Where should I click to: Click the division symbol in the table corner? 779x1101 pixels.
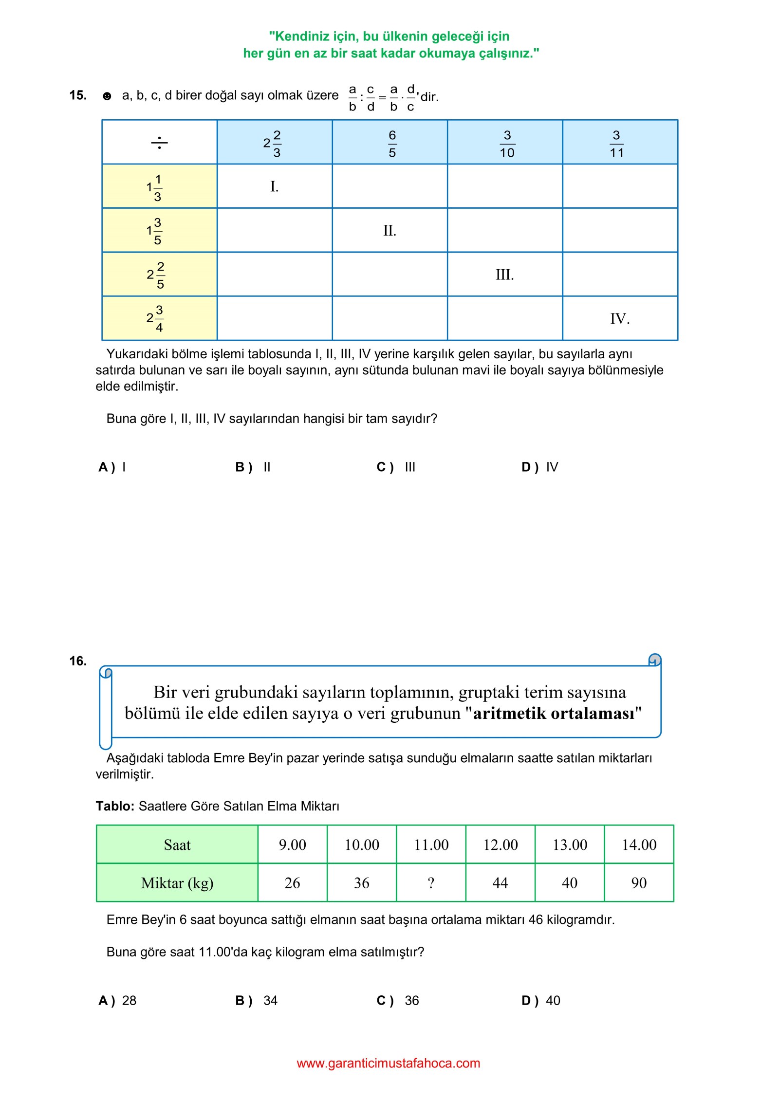coord(159,143)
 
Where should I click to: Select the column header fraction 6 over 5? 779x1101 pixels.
coord(392,144)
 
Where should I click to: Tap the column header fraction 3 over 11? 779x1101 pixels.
coord(616,144)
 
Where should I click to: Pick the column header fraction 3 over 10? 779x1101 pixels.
coord(507,144)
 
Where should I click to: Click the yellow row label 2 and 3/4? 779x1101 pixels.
coord(155,318)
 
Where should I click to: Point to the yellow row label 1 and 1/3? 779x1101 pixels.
coord(155,187)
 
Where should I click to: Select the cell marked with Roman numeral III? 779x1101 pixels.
coord(504,275)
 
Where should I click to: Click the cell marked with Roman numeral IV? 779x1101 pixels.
coord(619,319)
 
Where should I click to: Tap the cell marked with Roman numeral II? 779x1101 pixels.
coord(389,230)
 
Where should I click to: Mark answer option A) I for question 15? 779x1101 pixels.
coord(112,467)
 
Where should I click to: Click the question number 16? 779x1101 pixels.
coord(78,661)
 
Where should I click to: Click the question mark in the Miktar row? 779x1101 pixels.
coord(431,883)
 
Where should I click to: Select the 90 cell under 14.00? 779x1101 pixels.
coord(639,883)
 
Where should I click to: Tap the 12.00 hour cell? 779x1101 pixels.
coord(500,844)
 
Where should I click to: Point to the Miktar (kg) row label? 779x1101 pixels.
coord(177,883)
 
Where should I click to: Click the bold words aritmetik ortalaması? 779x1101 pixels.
coord(554,713)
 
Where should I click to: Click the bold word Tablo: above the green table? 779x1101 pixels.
coord(115,806)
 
